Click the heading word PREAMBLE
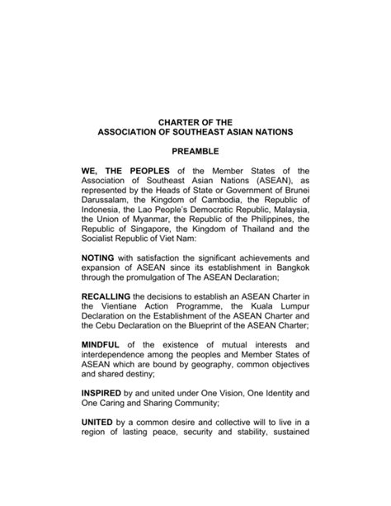click(195, 152)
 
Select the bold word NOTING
click(100, 258)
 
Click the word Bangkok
click(289, 270)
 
